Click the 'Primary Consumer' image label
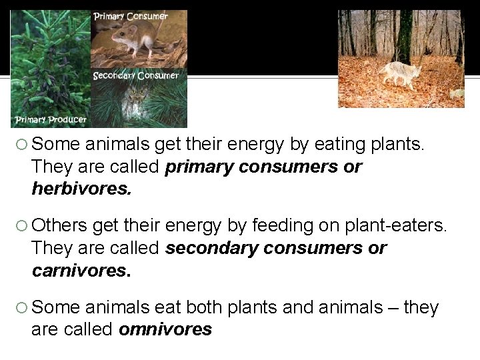(130, 17)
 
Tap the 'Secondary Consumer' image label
(136, 75)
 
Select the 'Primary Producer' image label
(51, 119)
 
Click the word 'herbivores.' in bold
(82, 189)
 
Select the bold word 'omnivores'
(165, 329)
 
